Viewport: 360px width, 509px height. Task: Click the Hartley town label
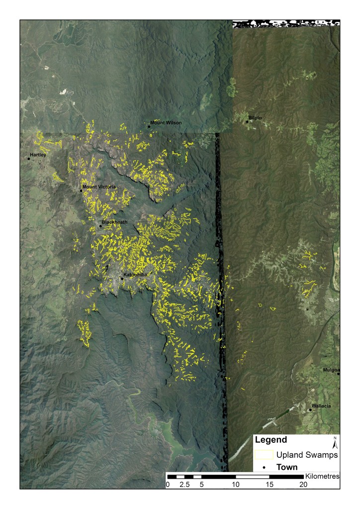point(38,155)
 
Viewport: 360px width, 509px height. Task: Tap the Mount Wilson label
point(166,122)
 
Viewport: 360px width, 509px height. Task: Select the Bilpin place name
point(255,118)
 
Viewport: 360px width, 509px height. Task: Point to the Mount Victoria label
point(99,187)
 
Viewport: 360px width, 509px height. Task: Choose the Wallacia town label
point(321,406)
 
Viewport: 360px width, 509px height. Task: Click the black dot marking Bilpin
point(247,121)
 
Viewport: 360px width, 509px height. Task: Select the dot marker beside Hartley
point(28,159)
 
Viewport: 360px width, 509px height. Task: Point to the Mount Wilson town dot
point(149,126)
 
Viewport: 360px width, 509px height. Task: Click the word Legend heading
point(270,440)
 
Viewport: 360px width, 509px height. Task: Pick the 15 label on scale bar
point(270,484)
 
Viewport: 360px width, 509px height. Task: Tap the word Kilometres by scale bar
point(323,476)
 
